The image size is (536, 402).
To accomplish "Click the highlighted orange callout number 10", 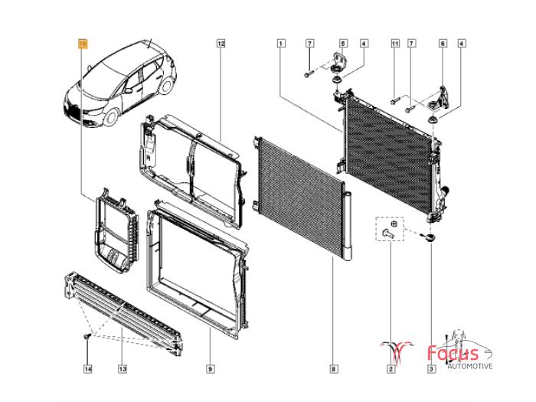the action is [x=83, y=44].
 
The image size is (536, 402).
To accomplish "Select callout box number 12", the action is [x=221, y=44].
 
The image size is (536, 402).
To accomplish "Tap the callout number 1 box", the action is [x=281, y=44].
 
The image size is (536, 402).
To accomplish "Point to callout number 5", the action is [x=343, y=44].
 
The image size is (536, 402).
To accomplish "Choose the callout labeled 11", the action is [x=395, y=44].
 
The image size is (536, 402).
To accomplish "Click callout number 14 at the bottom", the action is [x=88, y=369].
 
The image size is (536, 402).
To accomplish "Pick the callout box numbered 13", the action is [x=123, y=369].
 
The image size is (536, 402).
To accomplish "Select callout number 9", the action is [x=211, y=369].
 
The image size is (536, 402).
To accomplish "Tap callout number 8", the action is [x=334, y=369].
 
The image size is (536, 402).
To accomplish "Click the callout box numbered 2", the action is [x=391, y=369].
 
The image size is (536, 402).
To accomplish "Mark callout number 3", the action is [x=431, y=369].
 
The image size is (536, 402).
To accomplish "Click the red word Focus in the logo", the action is [x=453, y=353].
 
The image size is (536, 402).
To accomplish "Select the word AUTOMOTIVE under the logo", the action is [x=470, y=366].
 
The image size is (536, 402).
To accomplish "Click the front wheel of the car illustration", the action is [x=111, y=116].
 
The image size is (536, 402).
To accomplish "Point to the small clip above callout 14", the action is [x=87, y=337].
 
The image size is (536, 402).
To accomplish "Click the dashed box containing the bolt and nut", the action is [x=390, y=229].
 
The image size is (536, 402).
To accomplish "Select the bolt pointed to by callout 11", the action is [x=394, y=101].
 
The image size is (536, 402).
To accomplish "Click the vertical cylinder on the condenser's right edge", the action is [x=347, y=227].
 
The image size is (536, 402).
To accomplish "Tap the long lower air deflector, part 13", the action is [x=123, y=313].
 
